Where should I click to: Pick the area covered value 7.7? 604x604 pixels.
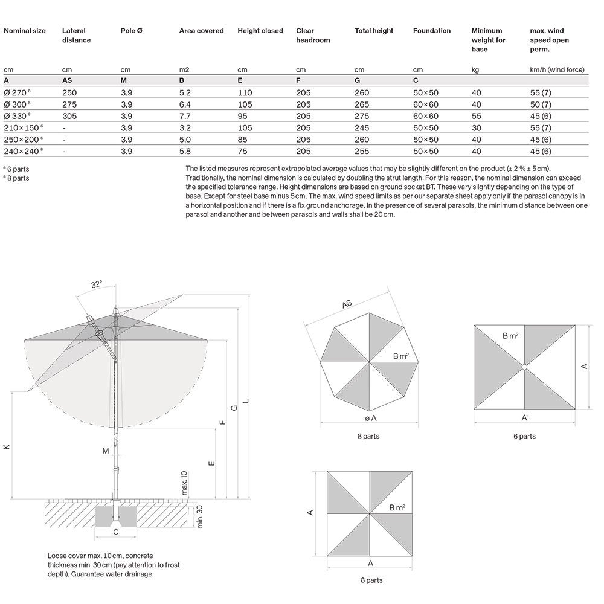185,116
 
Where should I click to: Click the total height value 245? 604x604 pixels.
361,128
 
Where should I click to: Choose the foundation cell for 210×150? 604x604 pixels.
425,128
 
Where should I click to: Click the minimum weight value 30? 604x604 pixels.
476,128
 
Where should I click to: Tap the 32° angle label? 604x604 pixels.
96,283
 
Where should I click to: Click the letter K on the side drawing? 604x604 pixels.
7,447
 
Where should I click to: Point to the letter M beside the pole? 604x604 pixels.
105,451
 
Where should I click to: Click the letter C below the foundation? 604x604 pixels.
115,532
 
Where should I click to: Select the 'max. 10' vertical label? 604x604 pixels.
185,484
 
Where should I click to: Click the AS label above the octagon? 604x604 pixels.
347,304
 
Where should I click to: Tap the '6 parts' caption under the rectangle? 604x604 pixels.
524,436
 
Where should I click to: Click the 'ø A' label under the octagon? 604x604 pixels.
370,418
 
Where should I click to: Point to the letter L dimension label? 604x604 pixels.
245,401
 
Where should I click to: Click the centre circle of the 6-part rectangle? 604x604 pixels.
524,367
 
